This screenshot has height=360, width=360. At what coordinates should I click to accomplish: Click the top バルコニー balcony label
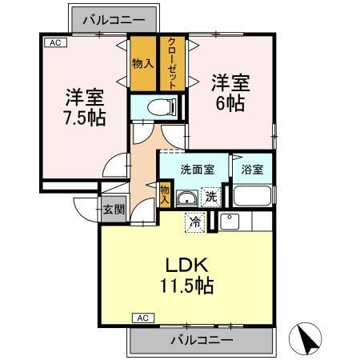[111, 18]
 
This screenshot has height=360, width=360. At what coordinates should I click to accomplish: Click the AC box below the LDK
[143, 318]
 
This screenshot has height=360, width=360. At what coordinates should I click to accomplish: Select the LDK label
[186, 263]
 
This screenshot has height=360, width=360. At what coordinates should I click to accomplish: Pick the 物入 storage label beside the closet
[142, 63]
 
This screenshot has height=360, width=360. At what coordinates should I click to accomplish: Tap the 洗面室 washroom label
[196, 170]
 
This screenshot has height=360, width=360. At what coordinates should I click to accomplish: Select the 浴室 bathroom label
[252, 170]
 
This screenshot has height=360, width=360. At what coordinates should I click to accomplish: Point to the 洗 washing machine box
[210, 196]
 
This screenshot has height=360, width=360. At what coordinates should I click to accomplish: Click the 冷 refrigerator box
[195, 221]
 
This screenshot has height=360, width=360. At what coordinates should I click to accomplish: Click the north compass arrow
[307, 340]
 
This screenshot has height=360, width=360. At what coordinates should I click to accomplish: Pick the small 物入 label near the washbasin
[165, 194]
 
